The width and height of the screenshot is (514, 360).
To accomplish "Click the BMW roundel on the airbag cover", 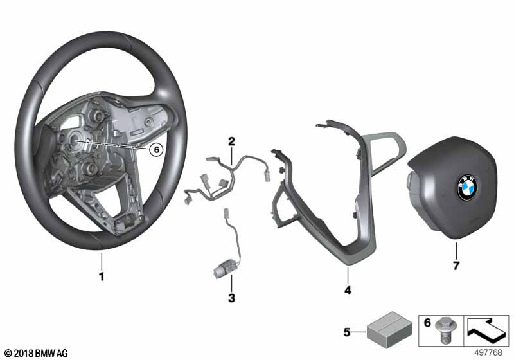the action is [x=468, y=187].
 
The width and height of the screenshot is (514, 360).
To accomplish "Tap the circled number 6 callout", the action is [x=156, y=150].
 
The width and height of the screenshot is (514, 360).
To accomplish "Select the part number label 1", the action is [x=102, y=276].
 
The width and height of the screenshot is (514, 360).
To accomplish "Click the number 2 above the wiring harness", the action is [x=231, y=141].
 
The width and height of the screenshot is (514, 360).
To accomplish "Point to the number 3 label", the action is [x=231, y=298].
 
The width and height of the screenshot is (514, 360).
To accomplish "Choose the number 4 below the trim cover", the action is [x=348, y=290].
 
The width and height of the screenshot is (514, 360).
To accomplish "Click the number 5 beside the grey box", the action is [x=347, y=332].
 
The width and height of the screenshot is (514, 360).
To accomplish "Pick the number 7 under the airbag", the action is [x=456, y=265].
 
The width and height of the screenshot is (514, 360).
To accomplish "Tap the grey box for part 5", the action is [x=389, y=330].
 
